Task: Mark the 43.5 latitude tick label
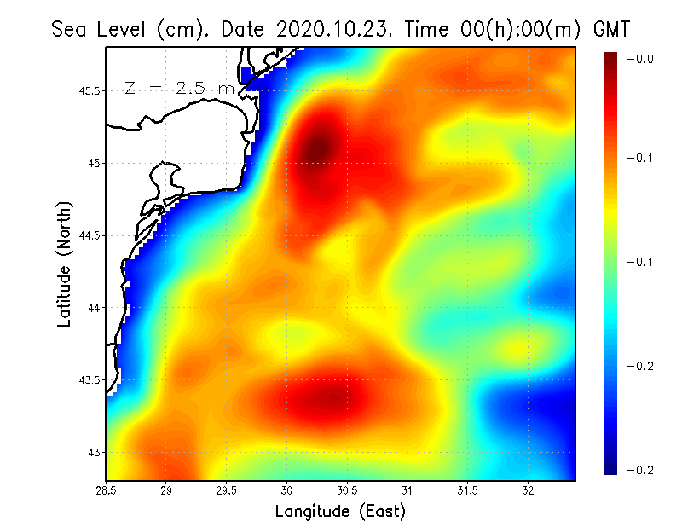coord(89,379)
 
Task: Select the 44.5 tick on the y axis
coord(89,235)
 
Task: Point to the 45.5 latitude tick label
coord(89,90)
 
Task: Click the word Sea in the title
coord(71,29)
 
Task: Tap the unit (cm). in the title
coord(186,29)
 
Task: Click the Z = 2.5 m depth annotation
coord(179,88)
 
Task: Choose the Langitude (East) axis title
coord(340,512)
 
